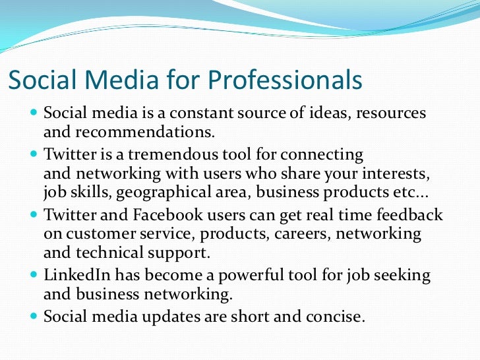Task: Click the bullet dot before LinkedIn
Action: click(x=34, y=276)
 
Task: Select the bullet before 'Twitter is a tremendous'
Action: click(x=34, y=154)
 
